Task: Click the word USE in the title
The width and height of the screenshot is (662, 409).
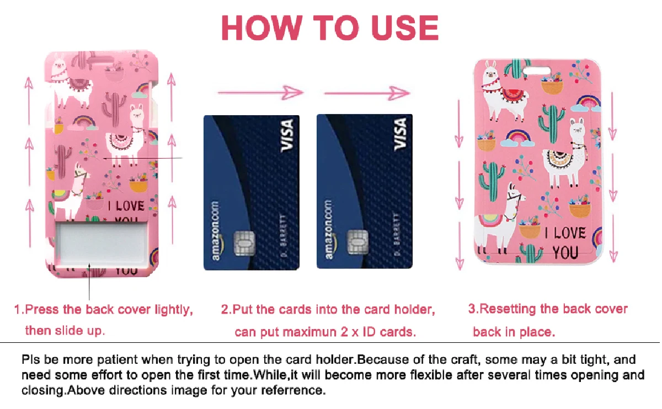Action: click(404, 28)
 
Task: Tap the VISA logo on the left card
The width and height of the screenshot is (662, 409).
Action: click(287, 136)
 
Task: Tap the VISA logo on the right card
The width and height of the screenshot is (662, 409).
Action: click(400, 134)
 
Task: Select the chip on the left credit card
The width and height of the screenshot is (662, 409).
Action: click(244, 243)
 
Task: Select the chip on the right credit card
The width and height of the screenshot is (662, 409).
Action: click(357, 242)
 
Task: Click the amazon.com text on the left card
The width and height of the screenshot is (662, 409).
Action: click(216, 231)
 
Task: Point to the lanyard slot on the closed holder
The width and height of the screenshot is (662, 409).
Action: click(537, 71)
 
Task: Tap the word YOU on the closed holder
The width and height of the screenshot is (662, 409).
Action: click(565, 253)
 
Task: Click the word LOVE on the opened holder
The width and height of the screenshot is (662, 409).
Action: click(130, 206)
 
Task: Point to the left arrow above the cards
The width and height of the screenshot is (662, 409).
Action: click(260, 93)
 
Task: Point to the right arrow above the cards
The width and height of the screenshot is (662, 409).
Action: click(367, 93)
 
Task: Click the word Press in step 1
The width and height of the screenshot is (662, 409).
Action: click(42, 309)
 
